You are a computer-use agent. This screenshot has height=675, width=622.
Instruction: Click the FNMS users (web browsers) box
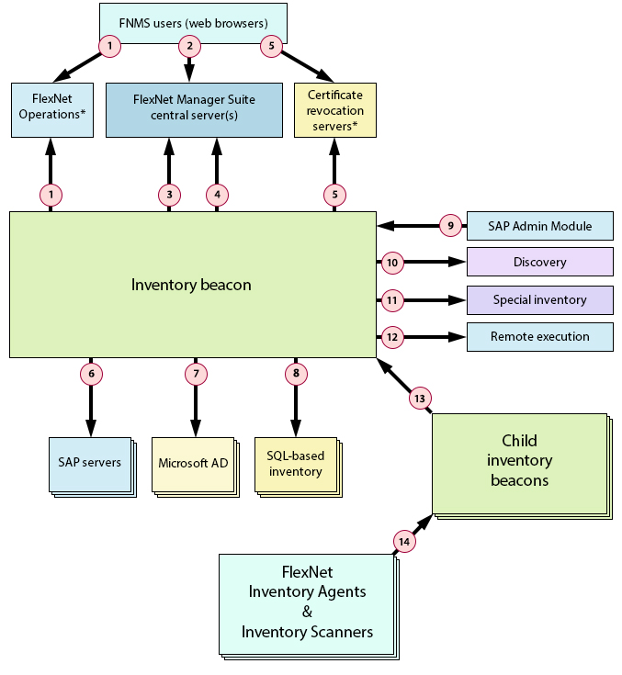tap(192, 22)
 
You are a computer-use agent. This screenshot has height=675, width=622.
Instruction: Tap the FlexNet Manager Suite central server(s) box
tap(193, 109)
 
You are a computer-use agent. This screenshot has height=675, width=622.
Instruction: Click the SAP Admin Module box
tap(539, 225)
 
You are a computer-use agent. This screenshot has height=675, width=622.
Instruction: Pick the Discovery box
tap(539, 262)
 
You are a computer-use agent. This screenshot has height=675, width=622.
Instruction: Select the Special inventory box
tap(539, 299)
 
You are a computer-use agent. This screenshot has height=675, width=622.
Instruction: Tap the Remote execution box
tap(539, 336)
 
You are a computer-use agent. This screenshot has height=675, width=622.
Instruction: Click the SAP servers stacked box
tap(89, 463)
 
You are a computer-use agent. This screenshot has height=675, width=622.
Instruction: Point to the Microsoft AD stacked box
tap(193, 463)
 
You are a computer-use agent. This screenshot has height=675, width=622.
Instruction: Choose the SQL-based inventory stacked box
tap(295, 464)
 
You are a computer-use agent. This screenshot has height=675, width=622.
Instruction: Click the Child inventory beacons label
tap(519, 460)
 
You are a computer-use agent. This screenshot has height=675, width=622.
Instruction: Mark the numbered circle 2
tap(190, 45)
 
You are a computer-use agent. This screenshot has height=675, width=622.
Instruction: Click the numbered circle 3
tap(169, 194)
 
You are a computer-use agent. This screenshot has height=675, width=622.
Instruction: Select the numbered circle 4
tap(217, 194)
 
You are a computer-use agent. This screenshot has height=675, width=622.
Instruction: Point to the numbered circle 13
tap(420, 399)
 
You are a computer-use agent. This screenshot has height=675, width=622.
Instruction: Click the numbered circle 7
tap(195, 374)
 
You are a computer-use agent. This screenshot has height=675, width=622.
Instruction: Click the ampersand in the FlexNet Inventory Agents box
tap(307, 611)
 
